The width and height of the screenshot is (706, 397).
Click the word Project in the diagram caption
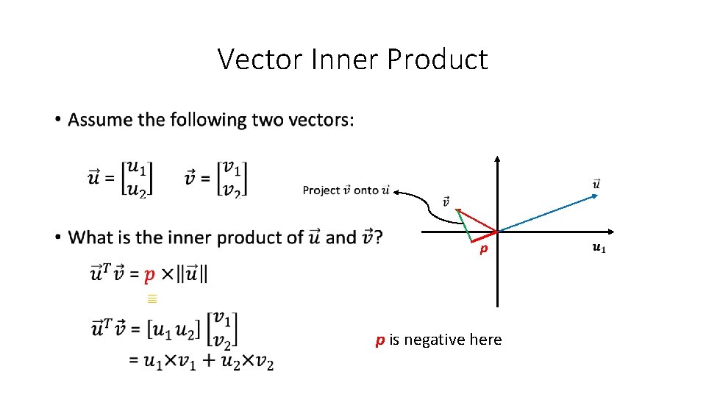(321, 190)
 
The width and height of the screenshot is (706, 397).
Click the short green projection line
(464, 226)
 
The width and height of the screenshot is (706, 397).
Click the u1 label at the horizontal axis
(599, 248)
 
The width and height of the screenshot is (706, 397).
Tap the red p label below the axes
(483, 250)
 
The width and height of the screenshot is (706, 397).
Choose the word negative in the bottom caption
(435, 340)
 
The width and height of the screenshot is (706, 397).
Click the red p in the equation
(149, 275)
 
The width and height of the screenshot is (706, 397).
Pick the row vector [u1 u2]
(175, 329)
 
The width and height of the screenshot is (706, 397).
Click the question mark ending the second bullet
(377, 237)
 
